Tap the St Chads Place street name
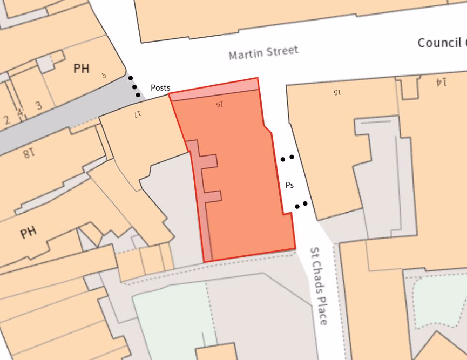point(319,286)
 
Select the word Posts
point(160,88)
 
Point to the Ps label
point(289,185)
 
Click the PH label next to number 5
point(82,69)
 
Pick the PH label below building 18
point(28,233)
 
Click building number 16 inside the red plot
point(218,104)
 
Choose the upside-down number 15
point(336,92)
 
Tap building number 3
point(38,105)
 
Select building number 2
point(6,120)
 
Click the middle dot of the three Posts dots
point(134,86)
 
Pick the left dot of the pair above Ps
point(283,159)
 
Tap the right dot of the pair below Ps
point(306,203)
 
